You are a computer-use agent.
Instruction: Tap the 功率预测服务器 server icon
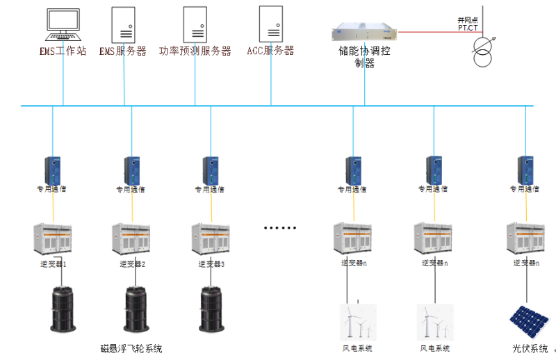[195, 24]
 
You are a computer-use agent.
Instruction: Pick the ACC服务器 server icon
[270, 24]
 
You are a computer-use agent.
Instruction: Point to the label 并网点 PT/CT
[467, 24]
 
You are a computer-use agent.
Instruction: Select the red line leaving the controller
[431, 31]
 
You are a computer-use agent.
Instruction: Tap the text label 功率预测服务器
[195, 51]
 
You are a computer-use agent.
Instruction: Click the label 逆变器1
[54, 264]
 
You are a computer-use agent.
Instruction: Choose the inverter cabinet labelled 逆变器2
[131, 238]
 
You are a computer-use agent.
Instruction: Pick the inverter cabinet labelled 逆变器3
[211, 238]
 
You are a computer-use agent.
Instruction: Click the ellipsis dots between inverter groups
[281, 228]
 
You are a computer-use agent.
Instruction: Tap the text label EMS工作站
[63, 51]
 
